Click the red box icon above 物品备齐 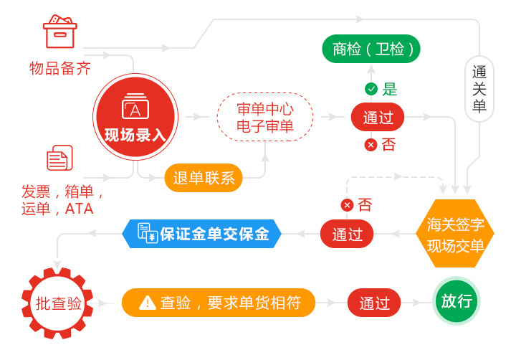pos(60,32)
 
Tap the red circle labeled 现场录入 pos(135,117)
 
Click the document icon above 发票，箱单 pos(59,158)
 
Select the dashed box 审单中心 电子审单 pos(265,117)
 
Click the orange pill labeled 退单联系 pos(204,178)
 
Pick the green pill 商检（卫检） pos(371,49)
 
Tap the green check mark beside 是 pos(371,89)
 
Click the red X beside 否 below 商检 pos(371,145)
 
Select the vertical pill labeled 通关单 pos(479,89)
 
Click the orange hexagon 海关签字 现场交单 pos(455,234)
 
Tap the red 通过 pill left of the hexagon pos(347,234)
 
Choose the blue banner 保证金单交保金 pos(201,234)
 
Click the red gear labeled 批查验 pos(57,303)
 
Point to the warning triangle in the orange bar pos(147,303)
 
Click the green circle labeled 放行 pos(457,300)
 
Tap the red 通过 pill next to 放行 pos(374,303)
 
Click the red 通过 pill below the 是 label pos(378,117)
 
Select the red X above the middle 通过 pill pos(347,205)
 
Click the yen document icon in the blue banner pos(148,232)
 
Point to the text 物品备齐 pos(60,69)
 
